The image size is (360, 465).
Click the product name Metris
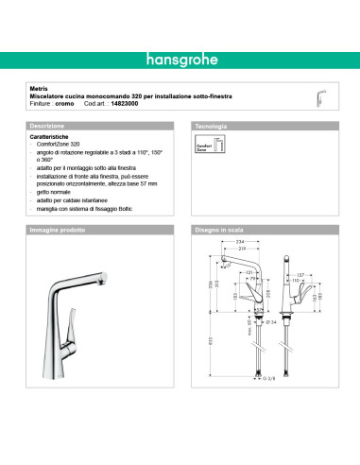click(x=37, y=90)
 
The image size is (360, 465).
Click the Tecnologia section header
click(x=211, y=126)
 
